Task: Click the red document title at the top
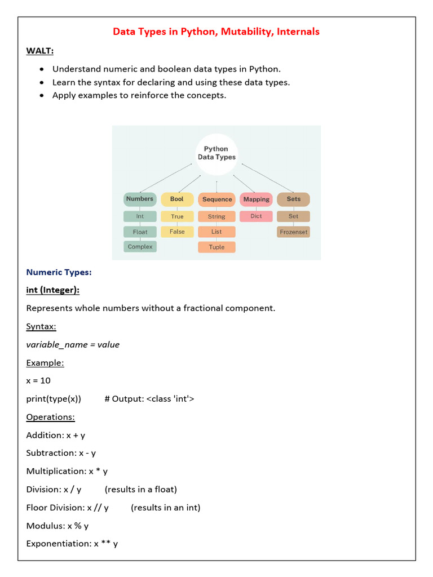tap(216, 32)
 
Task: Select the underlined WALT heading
tap(40, 51)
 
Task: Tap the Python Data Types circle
tap(216, 153)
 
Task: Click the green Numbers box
tap(140, 199)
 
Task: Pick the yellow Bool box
tap(177, 199)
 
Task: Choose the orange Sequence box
tap(216, 199)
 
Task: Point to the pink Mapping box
tap(257, 199)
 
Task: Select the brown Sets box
tap(293, 199)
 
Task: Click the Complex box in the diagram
tap(140, 247)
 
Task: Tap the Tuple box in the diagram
tap(216, 247)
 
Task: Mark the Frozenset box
tap(294, 232)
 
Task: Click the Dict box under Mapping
tap(257, 216)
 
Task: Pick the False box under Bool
tap(177, 232)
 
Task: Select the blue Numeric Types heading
tap(59, 272)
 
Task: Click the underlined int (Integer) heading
tap(52, 290)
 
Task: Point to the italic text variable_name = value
tap(73, 344)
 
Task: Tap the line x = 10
tap(38, 380)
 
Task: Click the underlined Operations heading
tap(50, 417)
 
